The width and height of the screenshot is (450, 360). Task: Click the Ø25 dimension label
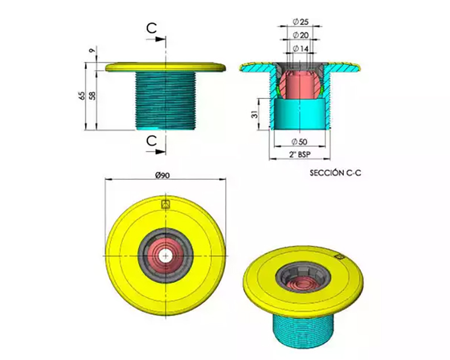tap(301, 22)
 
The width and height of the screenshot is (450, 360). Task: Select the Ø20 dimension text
tap(301, 35)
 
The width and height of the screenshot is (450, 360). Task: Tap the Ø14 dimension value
tap(301, 49)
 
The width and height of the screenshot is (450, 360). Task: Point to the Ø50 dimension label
tap(299, 142)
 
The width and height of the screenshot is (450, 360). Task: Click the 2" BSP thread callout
tap(300, 154)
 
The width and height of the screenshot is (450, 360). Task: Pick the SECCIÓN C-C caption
tap(335, 173)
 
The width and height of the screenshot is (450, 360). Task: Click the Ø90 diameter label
tap(163, 175)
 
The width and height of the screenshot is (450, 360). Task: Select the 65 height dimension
tap(82, 96)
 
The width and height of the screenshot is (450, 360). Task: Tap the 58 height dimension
tap(92, 96)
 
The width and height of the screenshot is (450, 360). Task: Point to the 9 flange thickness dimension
tap(91, 50)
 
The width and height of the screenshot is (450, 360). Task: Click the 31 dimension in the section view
tap(255, 115)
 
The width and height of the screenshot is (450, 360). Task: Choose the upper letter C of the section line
tap(152, 28)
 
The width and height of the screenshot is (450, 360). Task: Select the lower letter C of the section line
tap(152, 141)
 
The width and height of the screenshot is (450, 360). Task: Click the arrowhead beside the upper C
tap(161, 39)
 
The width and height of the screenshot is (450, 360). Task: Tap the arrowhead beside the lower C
tap(161, 152)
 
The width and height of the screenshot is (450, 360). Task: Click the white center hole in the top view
tap(165, 256)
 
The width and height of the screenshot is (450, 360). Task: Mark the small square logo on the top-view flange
tap(166, 204)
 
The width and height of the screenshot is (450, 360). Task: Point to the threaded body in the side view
tap(165, 101)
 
